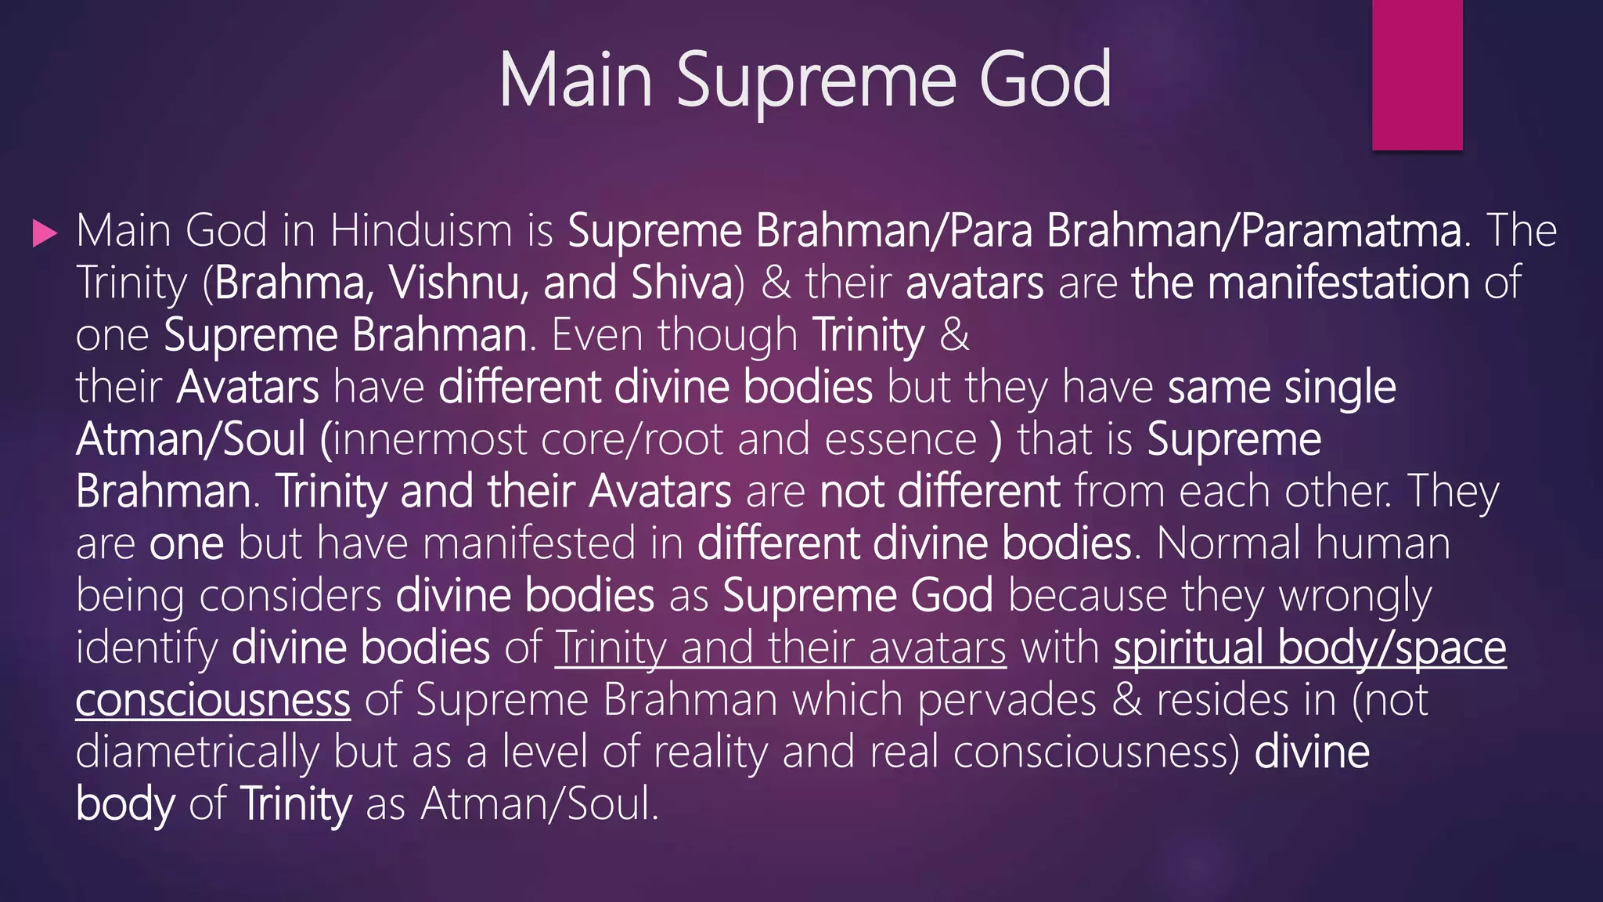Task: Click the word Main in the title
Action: point(575,80)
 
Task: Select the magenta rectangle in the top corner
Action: point(1417,74)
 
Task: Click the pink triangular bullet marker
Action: point(45,233)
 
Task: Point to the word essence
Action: point(900,439)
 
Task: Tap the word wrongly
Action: point(1355,596)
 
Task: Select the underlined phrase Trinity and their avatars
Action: point(780,648)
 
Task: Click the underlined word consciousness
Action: point(213,700)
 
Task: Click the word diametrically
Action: point(197,752)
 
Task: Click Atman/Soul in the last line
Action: point(540,804)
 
